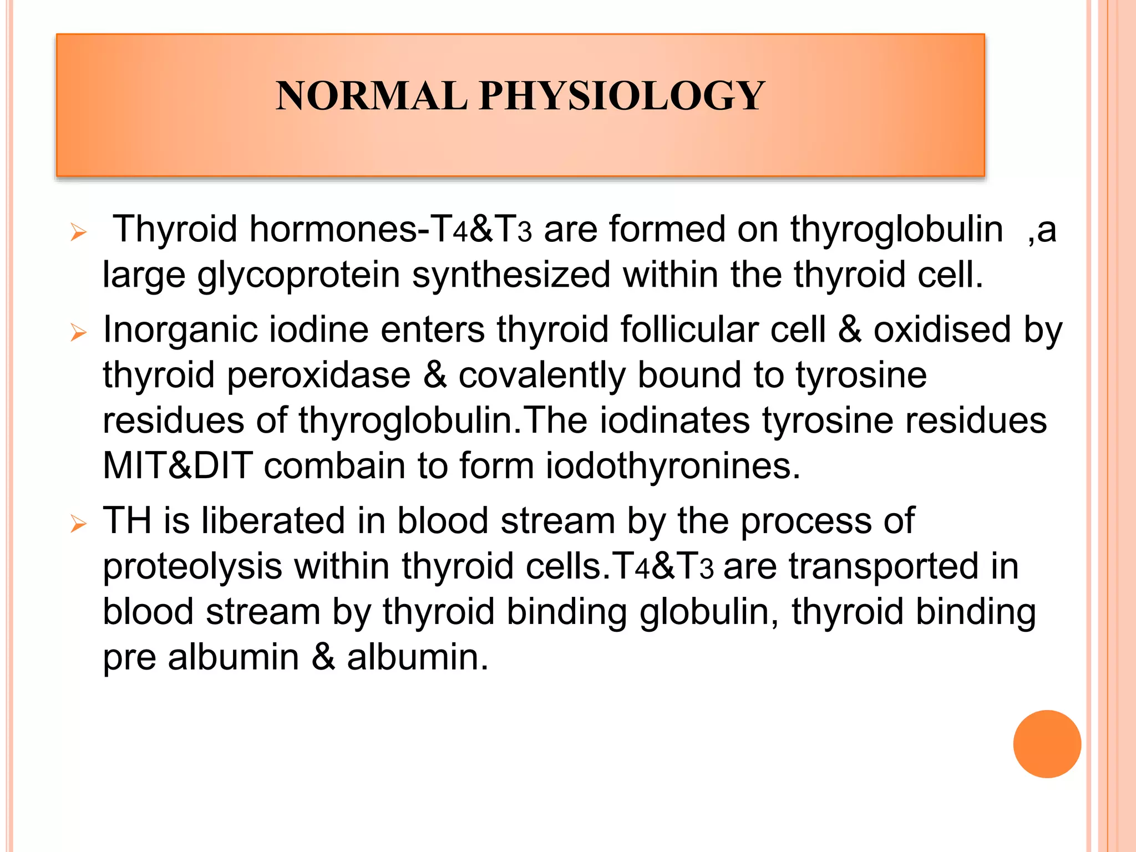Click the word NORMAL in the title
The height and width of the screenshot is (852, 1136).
coord(371,96)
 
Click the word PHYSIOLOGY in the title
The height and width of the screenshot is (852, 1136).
coord(622,96)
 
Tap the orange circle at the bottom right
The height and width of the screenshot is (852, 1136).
coord(1047,744)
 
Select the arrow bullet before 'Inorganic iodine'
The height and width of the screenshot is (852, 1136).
coord(79,332)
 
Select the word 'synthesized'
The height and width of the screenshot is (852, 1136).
coord(511,274)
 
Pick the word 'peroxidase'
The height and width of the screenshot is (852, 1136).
coord(318,376)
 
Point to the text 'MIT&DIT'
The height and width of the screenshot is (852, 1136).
coord(177,465)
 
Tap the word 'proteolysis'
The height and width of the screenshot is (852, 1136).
coord(192,567)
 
